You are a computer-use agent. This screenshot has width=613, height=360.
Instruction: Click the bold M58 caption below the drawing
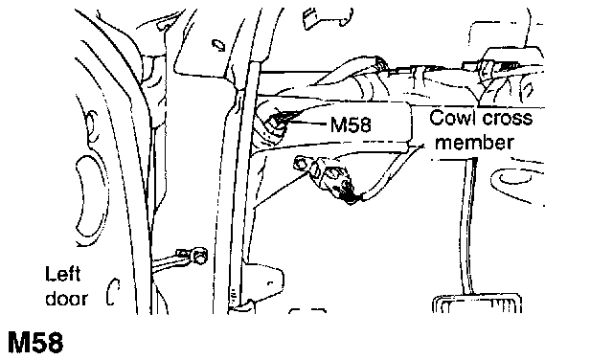(x=35, y=343)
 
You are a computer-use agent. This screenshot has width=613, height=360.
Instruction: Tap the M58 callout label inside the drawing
(x=351, y=125)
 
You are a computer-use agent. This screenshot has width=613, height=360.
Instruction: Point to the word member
(x=474, y=143)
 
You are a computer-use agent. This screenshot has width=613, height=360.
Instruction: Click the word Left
(x=62, y=274)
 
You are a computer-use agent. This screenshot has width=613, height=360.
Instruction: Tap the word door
(x=66, y=299)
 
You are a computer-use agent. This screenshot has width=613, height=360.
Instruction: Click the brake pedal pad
(x=477, y=304)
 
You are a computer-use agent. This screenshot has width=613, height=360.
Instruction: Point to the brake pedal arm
(x=468, y=226)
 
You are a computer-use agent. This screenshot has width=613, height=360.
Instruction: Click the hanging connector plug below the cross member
(x=337, y=181)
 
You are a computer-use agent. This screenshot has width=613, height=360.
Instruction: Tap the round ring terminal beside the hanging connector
(x=300, y=164)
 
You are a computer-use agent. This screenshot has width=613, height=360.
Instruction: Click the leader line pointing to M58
(x=308, y=124)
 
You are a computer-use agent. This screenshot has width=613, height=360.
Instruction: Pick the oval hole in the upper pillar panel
(x=218, y=45)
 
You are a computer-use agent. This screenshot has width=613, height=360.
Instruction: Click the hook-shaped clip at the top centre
(x=328, y=18)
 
